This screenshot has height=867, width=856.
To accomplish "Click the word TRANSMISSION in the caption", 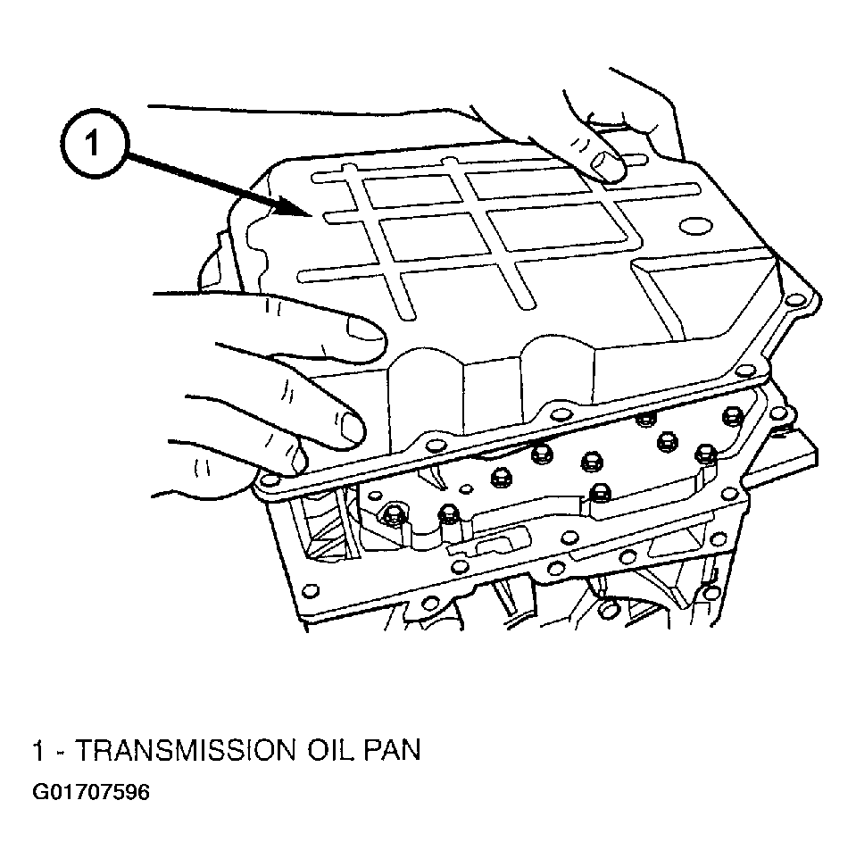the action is click(x=184, y=751).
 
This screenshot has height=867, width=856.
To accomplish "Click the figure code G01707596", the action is click(x=91, y=792).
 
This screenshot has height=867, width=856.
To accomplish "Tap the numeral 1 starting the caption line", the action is click(x=38, y=751).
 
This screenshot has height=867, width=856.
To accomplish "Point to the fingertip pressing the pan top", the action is click(x=608, y=166).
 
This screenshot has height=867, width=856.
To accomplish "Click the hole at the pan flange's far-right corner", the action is click(x=795, y=300).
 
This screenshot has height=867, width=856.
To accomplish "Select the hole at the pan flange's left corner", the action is click(x=269, y=479).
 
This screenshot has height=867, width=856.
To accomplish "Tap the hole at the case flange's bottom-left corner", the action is click(x=311, y=590).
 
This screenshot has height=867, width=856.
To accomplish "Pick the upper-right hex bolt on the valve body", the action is click(x=732, y=416).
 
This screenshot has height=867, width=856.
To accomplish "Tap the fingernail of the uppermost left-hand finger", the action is click(x=365, y=330).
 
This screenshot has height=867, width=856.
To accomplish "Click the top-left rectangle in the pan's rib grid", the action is click(x=412, y=191).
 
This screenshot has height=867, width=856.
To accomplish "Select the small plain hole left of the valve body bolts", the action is click(x=467, y=488).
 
